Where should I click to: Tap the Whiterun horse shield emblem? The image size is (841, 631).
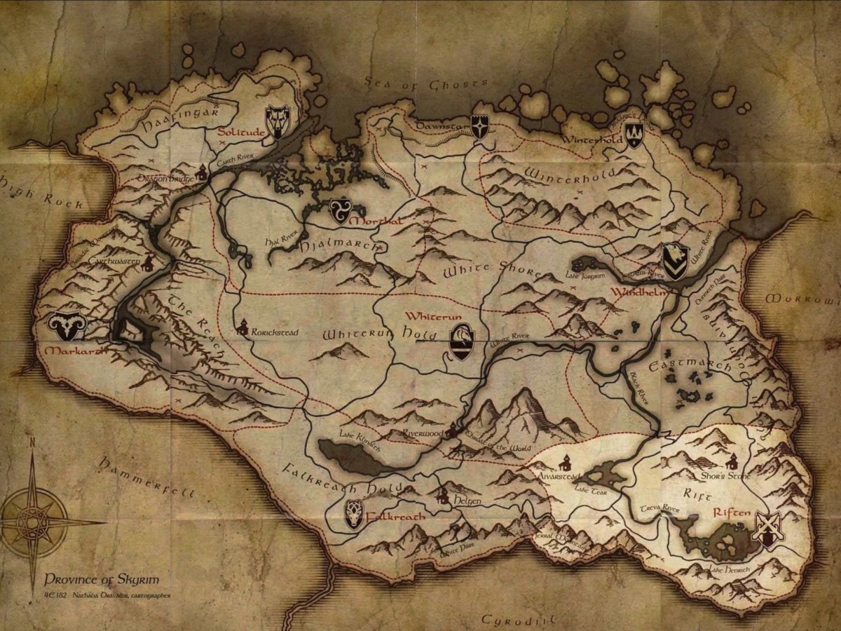click(x=461, y=341)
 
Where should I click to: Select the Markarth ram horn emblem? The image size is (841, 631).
click(x=67, y=324)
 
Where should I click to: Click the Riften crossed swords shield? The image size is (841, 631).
click(x=768, y=529)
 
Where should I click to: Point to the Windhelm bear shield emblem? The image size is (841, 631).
click(x=675, y=262)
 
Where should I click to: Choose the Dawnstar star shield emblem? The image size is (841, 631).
click(x=480, y=127)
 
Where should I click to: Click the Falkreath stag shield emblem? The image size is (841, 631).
click(x=355, y=515)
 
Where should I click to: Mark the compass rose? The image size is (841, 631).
click(x=32, y=522)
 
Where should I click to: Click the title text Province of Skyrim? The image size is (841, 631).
click(x=101, y=579)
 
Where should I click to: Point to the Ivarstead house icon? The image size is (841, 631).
click(x=565, y=462)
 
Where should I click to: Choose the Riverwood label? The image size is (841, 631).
click(x=423, y=434)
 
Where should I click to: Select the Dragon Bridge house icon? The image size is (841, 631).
click(x=202, y=171)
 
